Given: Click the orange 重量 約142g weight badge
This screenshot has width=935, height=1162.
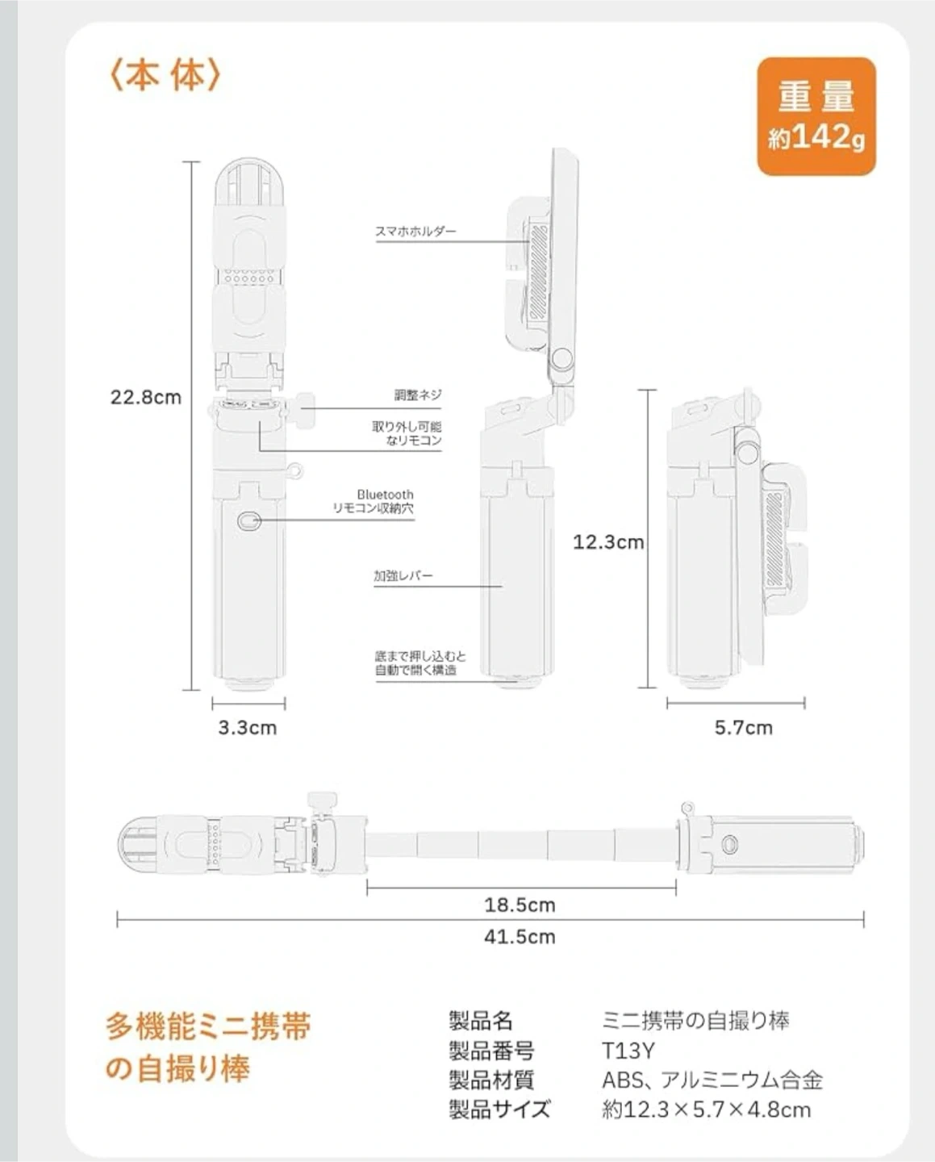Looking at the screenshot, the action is (816, 117).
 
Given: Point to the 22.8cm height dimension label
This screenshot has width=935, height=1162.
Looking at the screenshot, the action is (146, 397).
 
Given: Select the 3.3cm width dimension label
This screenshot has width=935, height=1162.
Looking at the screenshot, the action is (247, 727).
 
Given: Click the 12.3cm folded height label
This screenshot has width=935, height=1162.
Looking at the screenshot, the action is (608, 541).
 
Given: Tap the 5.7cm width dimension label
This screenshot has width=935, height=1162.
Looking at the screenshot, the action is (743, 727).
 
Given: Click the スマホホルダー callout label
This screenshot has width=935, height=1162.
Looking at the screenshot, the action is (415, 231).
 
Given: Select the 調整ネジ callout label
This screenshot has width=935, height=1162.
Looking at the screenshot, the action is (418, 395).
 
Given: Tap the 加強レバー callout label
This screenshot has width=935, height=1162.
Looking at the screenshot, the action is (403, 575).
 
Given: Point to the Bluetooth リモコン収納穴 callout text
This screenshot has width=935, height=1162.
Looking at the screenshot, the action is (374, 501).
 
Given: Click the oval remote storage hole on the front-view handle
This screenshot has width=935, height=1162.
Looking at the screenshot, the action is (248, 520).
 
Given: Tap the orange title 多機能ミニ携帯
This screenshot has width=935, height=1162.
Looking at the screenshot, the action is (208, 1026).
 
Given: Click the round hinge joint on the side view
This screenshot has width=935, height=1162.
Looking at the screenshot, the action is (562, 357).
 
